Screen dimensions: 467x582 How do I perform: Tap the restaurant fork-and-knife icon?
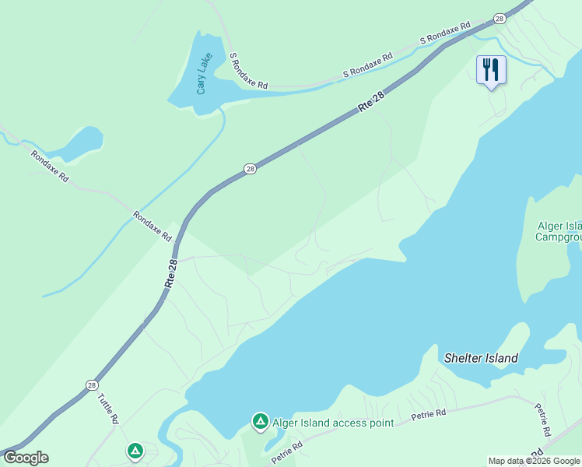491,70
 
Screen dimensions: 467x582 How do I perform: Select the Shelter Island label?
481,358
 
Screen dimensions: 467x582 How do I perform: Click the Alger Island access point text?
332,423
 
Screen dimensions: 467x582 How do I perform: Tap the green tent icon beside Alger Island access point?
261,422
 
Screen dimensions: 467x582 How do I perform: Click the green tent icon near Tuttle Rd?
135,450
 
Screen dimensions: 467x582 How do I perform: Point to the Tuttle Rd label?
108,408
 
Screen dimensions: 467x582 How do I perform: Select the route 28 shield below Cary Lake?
249,168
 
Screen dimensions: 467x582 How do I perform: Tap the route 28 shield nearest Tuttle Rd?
92,385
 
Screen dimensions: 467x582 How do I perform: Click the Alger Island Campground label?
559,231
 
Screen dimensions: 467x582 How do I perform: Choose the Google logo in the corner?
25,458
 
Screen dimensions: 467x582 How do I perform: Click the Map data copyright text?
534,461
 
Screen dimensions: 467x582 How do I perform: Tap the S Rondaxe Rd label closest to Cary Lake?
248,71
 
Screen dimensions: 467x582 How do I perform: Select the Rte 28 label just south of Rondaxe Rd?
172,275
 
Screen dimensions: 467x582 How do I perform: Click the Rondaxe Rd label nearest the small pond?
49,166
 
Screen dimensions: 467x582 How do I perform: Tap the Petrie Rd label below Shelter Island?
429,414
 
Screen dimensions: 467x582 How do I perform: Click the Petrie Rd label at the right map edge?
542,420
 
